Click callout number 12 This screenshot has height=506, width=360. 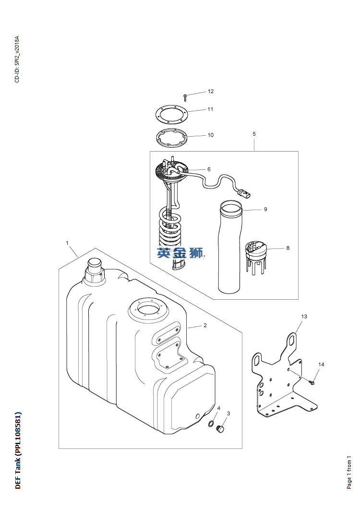pyautogui.click(x=211, y=91)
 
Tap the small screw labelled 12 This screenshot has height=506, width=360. pyautogui.click(x=185, y=97)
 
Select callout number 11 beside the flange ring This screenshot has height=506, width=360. pyautogui.click(x=210, y=109)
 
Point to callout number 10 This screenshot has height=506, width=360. pyautogui.click(x=211, y=135)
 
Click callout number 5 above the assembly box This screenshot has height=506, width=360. pyautogui.click(x=254, y=134)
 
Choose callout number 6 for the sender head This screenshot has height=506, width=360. pyautogui.click(x=209, y=169)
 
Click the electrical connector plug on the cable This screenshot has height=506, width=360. pyautogui.click(x=244, y=194)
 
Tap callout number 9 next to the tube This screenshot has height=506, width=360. pyautogui.click(x=265, y=209)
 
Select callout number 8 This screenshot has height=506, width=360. pyautogui.click(x=288, y=248)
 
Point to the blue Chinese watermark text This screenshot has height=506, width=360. pyautogui.click(x=180, y=253)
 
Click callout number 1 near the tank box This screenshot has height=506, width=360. pyautogui.click(x=67, y=243)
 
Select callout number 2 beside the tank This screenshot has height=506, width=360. pyautogui.click(x=205, y=325)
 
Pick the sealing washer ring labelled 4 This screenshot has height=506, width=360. pyautogui.click(x=211, y=424)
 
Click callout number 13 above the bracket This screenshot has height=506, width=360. pyautogui.click(x=304, y=316)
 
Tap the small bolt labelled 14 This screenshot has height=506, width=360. pyautogui.click(x=312, y=383)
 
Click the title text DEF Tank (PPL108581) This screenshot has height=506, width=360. pyautogui.click(x=18, y=450)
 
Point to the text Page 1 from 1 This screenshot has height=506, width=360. pyautogui.click(x=349, y=472)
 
